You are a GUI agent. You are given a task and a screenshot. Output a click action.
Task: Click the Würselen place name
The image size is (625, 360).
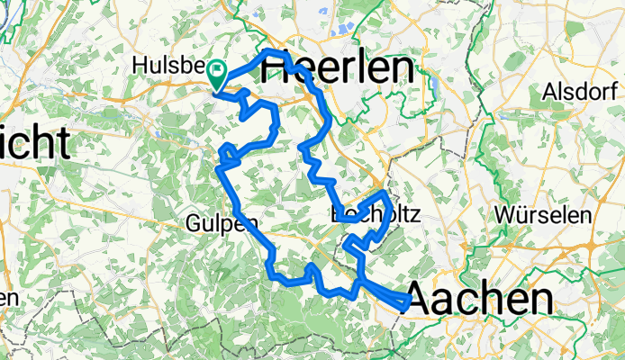click(x=543, y=216)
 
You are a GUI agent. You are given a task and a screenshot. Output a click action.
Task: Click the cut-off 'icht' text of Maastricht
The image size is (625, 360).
click(x=35, y=143)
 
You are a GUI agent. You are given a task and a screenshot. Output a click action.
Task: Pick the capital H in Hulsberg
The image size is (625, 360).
click(x=138, y=65)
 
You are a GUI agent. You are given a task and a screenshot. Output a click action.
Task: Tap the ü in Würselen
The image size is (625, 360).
click(x=521, y=216)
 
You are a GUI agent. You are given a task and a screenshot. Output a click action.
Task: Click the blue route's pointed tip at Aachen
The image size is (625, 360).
click(x=412, y=301)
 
